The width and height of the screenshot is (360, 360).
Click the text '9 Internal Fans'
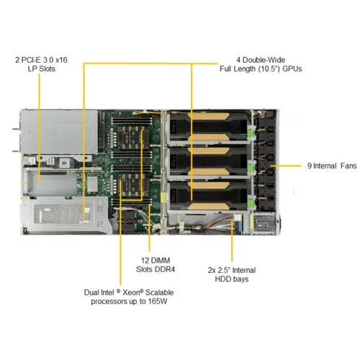pyautogui.click(x=332, y=166)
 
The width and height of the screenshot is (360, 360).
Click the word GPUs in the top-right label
pyautogui.click(x=292, y=69)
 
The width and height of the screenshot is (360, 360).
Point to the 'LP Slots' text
pyautogui.click(x=42, y=69)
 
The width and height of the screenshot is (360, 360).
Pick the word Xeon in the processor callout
pyautogui.click(x=131, y=292)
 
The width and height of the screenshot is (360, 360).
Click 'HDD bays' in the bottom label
pyautogui.click(x=232, y=279)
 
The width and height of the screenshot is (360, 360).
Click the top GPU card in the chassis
pyautogui.click(x=209, y=127)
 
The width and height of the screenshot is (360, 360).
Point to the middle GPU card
pyautogui.click(x=209, y=161)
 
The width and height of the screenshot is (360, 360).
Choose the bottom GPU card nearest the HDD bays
pyautogui.click(x=209, y=196)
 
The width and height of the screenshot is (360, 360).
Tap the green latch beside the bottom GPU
pyautogui.click(x=251, y=202)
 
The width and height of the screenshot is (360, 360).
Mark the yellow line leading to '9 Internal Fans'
pyautogui.click(x=286, y=166)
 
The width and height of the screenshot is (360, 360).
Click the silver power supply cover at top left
pyautogui.click(x=59, y=132)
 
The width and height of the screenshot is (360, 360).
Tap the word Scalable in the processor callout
pyautogui.click(x=160, y=292)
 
